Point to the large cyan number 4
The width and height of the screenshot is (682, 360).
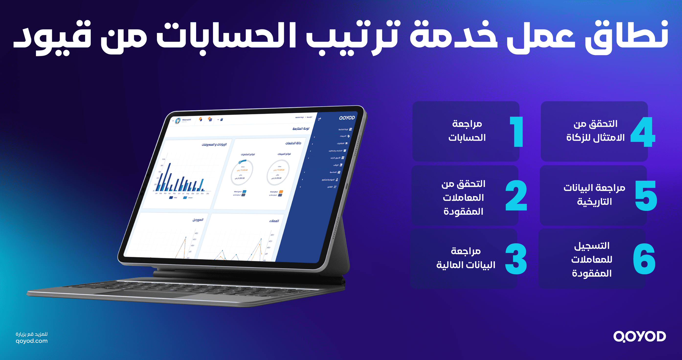point(643,132)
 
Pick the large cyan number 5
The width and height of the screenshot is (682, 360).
point(646,196)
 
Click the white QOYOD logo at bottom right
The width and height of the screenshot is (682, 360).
point(639,337)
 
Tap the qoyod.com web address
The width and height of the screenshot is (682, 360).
point(32,341)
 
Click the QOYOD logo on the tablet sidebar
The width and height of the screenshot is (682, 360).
point(347,118)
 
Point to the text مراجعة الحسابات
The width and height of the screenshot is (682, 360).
point(467,131)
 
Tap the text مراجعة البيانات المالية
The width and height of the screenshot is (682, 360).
point(466,258)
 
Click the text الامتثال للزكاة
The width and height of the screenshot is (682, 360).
point(595,138)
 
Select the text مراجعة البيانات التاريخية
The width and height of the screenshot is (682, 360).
point(594,195)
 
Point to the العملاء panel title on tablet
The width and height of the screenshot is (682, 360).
point(274,221)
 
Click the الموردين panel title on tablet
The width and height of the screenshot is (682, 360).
point(198,220)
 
